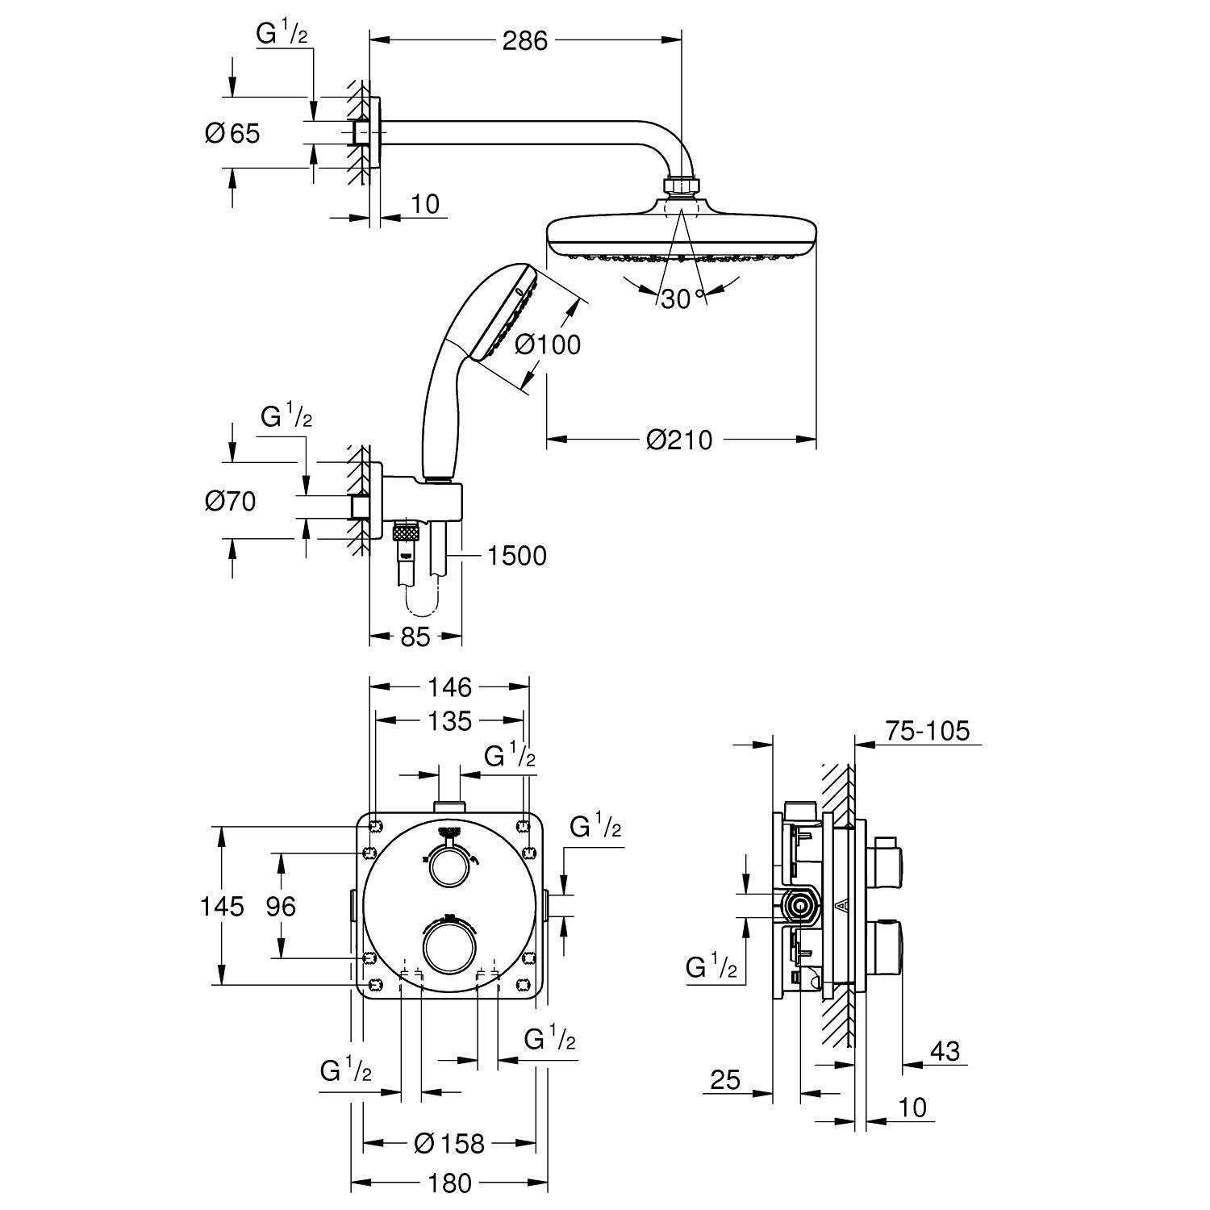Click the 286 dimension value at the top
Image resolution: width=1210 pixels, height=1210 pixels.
pyautogui.click(x=524, y=40)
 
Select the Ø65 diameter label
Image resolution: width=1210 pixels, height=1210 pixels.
pyautogui.click(x=232, y=133)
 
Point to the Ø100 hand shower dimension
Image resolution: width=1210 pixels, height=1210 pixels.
pyautogui.click(x=547, y=344)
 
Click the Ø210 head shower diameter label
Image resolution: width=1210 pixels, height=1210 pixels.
pyautogui.click(x=679, y=440)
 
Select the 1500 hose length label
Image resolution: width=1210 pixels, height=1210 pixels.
pyautogui.click(x=516, y=555)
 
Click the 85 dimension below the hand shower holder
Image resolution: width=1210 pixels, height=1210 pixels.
pyautogui.click(x=415, y=637)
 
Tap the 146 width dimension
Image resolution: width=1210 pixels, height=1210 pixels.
pyautogui.click(x=449, y=687)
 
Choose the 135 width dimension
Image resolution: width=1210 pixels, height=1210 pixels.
pyautogui.click(x=449, y=720)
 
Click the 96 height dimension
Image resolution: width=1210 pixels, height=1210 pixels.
pyautogui.click(x=281, y=906)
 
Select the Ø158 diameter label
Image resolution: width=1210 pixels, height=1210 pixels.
pyautogui.click(x=449, y=1143)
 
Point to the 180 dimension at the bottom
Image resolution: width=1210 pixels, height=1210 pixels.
pyautogui.click(x=449, y=1183)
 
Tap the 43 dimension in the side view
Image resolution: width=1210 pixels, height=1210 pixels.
pyautogui.click(x=945, y=1051)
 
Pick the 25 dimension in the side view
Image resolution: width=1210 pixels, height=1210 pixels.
pyautogui.click(x=725, y=1079)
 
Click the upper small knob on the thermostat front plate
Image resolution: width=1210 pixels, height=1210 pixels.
pyautogui.click(x=448, y=867)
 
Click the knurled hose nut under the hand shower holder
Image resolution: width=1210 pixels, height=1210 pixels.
pyautogui.click(x=405, y=532)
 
